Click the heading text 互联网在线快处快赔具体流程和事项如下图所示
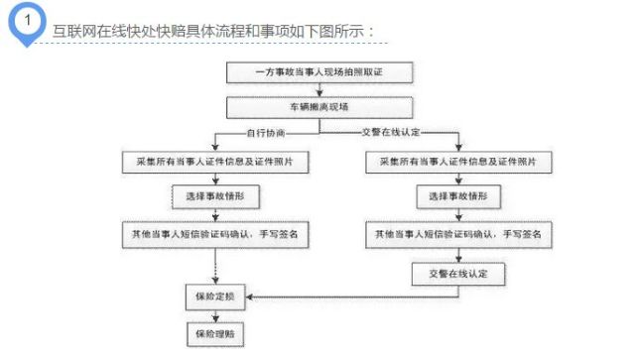(x=214, y=31)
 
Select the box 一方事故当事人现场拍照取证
(x=318, y=72)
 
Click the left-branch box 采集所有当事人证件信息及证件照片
(x=215, y=161)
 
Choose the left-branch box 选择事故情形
(x=215, y=196)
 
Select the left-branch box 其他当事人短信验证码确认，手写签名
(x=215, y=234)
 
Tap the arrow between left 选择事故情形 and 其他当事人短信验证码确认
(x=215, y=215)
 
